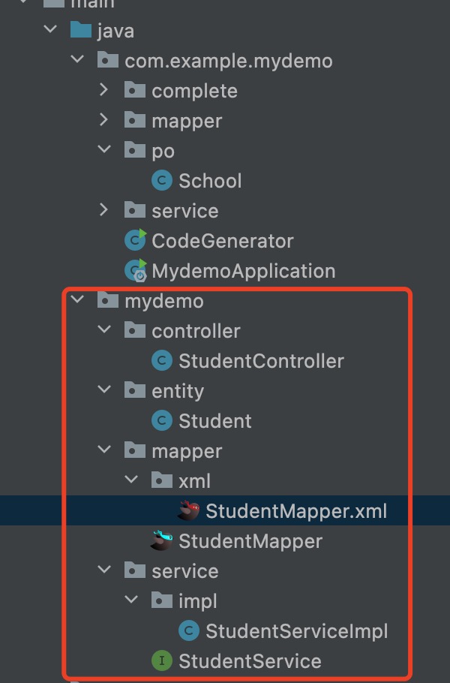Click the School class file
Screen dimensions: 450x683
[210, 181]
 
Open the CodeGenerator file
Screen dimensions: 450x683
[222, 241]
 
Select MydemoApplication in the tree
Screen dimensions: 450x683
[243, 271]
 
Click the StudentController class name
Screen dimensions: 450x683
[261, 361]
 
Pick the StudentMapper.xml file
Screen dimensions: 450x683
[296, 511]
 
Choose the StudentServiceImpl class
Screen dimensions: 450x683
[297, 631]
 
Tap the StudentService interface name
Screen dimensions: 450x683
[250, 661]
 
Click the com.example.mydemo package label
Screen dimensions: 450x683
[229, 61]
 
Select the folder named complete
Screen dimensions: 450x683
[194, 91]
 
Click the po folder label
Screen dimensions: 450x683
[163, 151]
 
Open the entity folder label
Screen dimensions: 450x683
[178, 391]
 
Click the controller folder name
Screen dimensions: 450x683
[196, 331]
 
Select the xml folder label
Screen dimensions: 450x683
[194, 481]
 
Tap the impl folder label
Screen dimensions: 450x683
[197, 601]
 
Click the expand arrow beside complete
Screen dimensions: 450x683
[104, 91]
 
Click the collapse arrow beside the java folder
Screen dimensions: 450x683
[50, 31]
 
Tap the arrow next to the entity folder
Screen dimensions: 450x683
[104, 391]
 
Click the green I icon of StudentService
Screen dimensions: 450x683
[161, 661]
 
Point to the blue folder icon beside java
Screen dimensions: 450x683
[80, 31]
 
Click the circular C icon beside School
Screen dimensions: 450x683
[161, 181]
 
